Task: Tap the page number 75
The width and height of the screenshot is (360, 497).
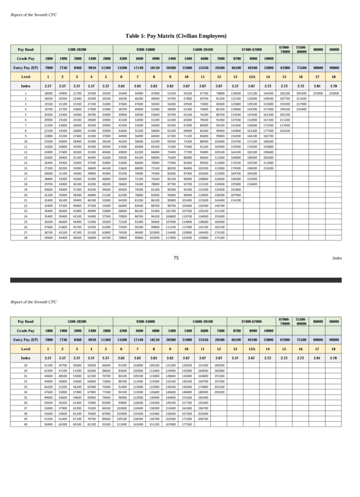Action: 176,258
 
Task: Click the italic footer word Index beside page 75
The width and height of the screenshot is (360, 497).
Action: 337,259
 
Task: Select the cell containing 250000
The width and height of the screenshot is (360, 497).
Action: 333,93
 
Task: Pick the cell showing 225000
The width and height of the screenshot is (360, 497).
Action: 318,93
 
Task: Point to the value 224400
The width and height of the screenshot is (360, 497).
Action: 301,109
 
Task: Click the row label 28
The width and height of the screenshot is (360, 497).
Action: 25,237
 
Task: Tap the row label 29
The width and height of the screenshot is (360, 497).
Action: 25,365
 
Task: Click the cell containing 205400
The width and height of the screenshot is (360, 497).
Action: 301,93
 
